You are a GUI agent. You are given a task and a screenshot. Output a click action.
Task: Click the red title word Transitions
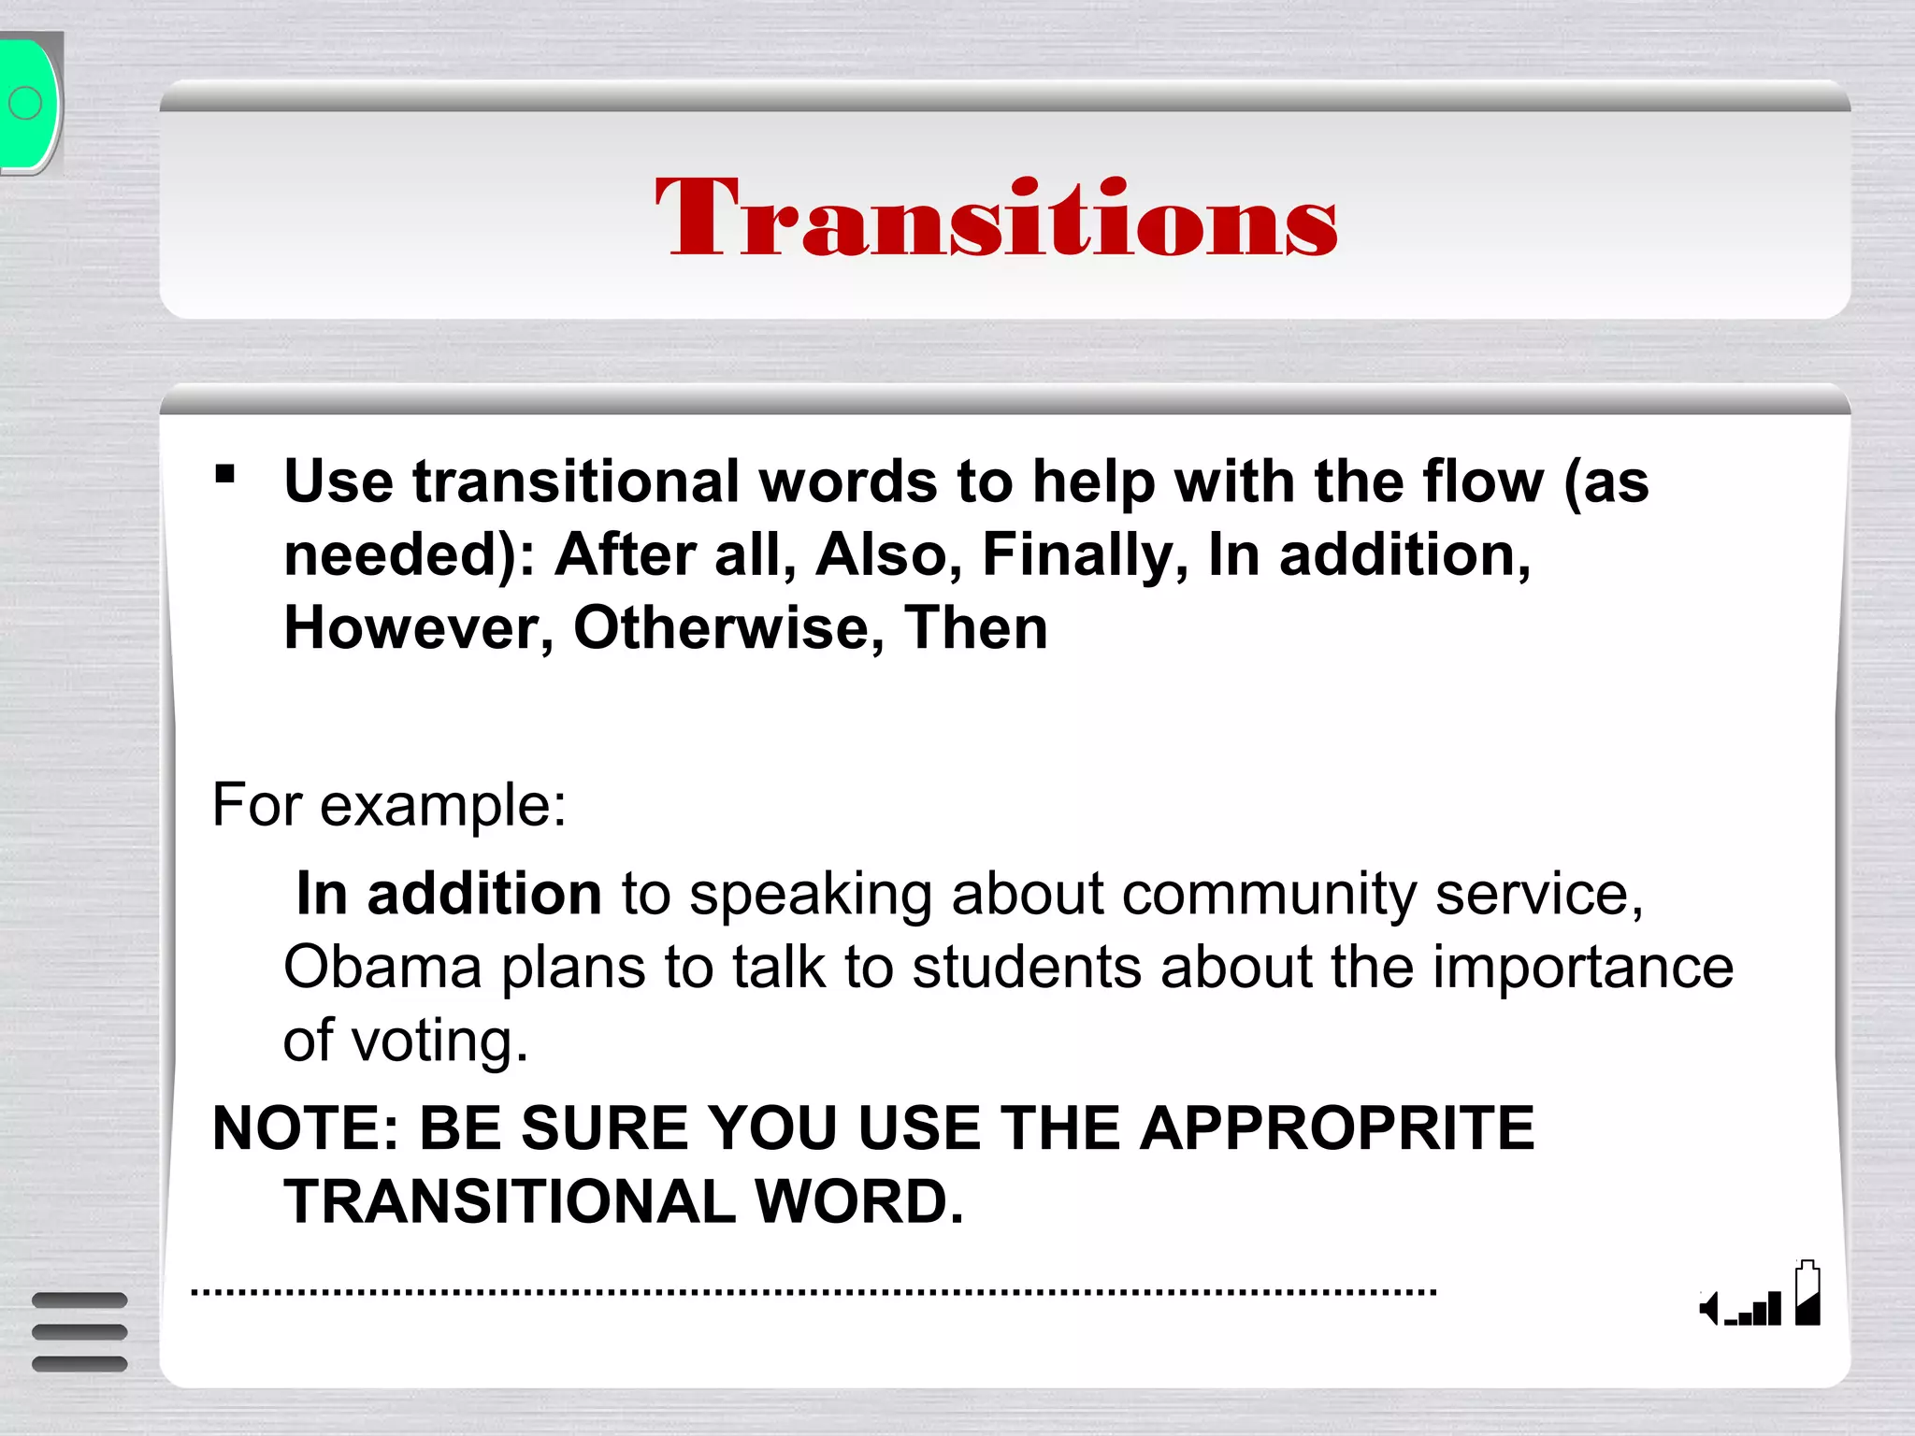coord(996,217)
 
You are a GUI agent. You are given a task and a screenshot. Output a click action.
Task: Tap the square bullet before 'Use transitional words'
coord(224,474)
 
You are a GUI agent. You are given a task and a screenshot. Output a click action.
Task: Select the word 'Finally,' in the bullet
coord(1085,555)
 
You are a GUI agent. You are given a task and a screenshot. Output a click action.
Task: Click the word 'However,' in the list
coord(418,628)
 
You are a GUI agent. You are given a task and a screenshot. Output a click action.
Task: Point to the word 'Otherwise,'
coord(728,628)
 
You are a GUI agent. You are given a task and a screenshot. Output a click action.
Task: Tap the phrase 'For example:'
coord(389,805)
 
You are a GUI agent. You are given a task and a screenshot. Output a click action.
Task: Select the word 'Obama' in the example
coord(382,967)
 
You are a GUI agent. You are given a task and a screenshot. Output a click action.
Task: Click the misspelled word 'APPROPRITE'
coord(1337,1128)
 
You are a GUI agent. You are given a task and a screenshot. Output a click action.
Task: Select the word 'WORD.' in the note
coord(858,1201)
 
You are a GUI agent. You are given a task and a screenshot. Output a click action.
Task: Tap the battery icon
coord(1807,1293)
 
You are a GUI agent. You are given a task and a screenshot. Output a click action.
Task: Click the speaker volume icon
coord(1710,1308)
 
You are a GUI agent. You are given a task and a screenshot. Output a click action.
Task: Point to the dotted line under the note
coord(814,1293)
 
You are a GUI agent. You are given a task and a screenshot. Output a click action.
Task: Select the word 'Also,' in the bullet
coord(888,555)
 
